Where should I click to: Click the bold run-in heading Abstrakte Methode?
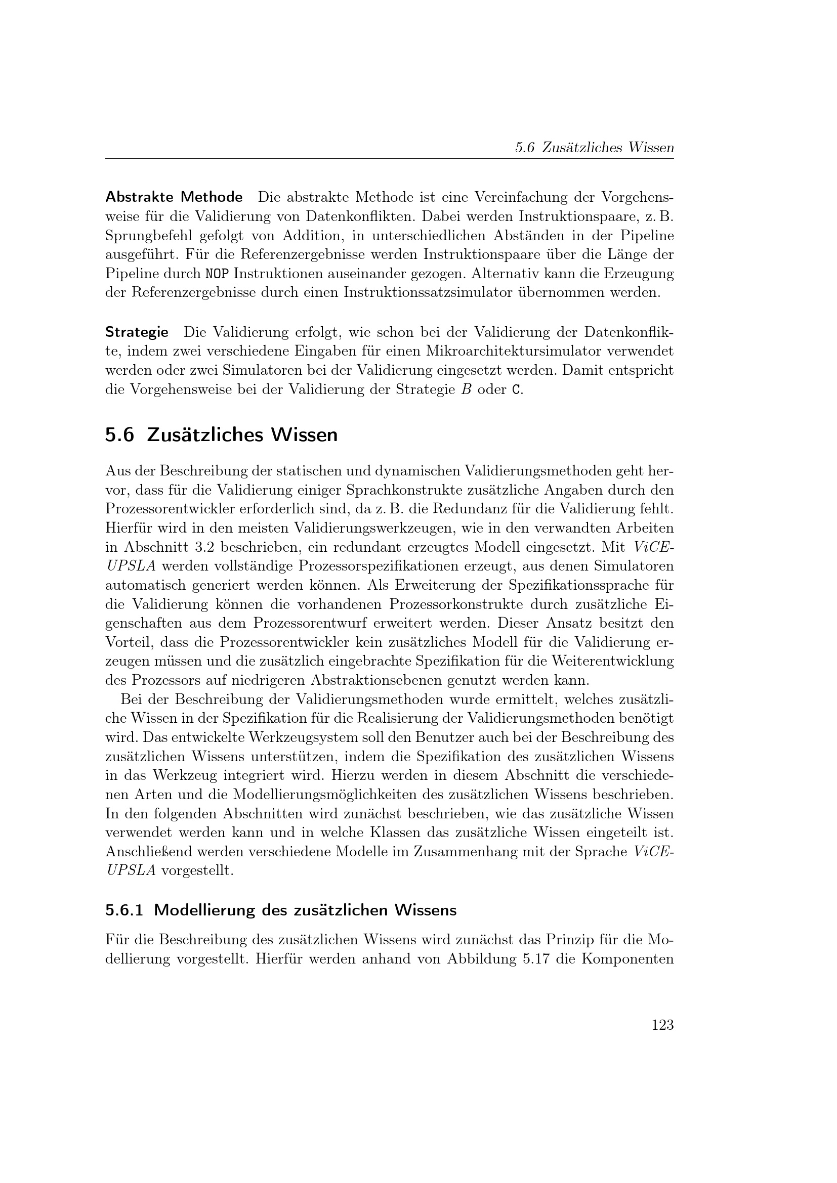point(174,197)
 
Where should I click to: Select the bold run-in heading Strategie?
point(137,332)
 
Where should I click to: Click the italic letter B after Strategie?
point(466,389)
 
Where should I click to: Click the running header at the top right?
point(594,148)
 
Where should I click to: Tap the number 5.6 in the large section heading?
point(119,435)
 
